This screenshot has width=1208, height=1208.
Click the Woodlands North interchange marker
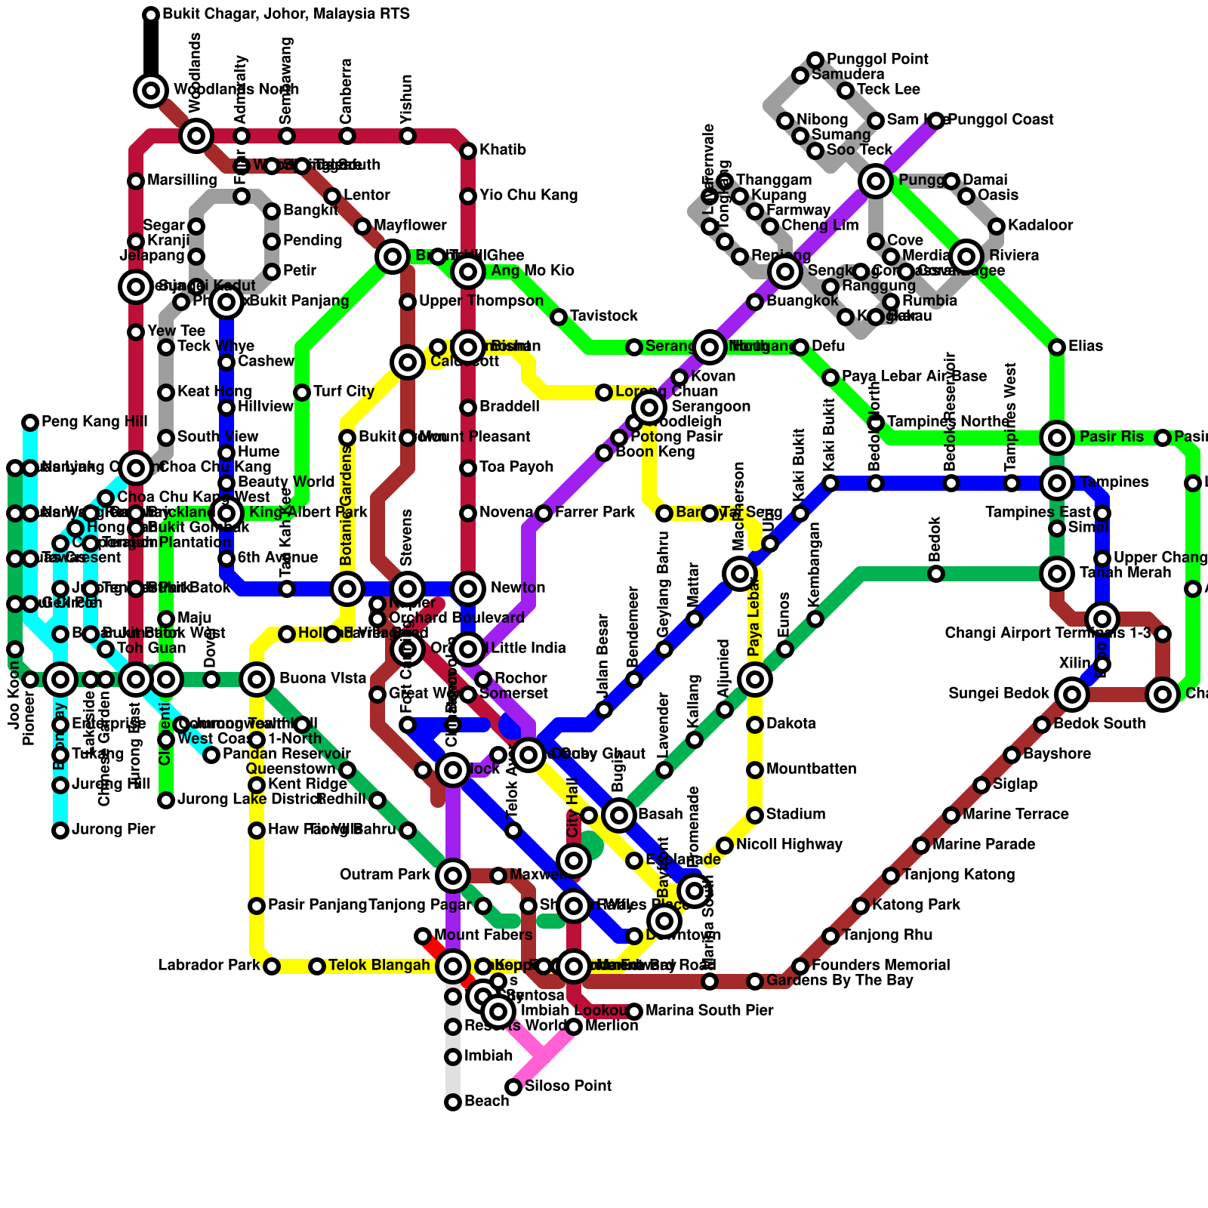(x=151, y=91)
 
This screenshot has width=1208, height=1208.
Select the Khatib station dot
(x=468, y=151)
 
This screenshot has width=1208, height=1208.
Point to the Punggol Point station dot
(x=815, y=60)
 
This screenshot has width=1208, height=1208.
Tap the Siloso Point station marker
(x=513, y=1087)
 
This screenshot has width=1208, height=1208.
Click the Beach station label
(x=487, y=1102)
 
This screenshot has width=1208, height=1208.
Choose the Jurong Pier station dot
(x=60, y=830)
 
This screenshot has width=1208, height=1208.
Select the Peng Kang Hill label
(x=94, y=422)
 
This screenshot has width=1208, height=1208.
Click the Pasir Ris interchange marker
(x=1057, y=437)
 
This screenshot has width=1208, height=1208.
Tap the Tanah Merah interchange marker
(x=1057, y=574)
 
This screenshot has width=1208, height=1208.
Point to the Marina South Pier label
(x=710, y=1011)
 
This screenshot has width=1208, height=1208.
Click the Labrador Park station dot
(x=272, y=966)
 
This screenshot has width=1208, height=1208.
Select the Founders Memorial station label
(x=880, y=966)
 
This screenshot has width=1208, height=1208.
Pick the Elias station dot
(x=1057, y=347)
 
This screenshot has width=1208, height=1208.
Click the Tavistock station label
(x=604, y=316)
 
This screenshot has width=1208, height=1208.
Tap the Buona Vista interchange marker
(x=257, y=679)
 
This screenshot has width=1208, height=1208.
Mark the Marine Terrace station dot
(x=951, y=815)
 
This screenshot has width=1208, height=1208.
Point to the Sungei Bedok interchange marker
(x=1072, y=694)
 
